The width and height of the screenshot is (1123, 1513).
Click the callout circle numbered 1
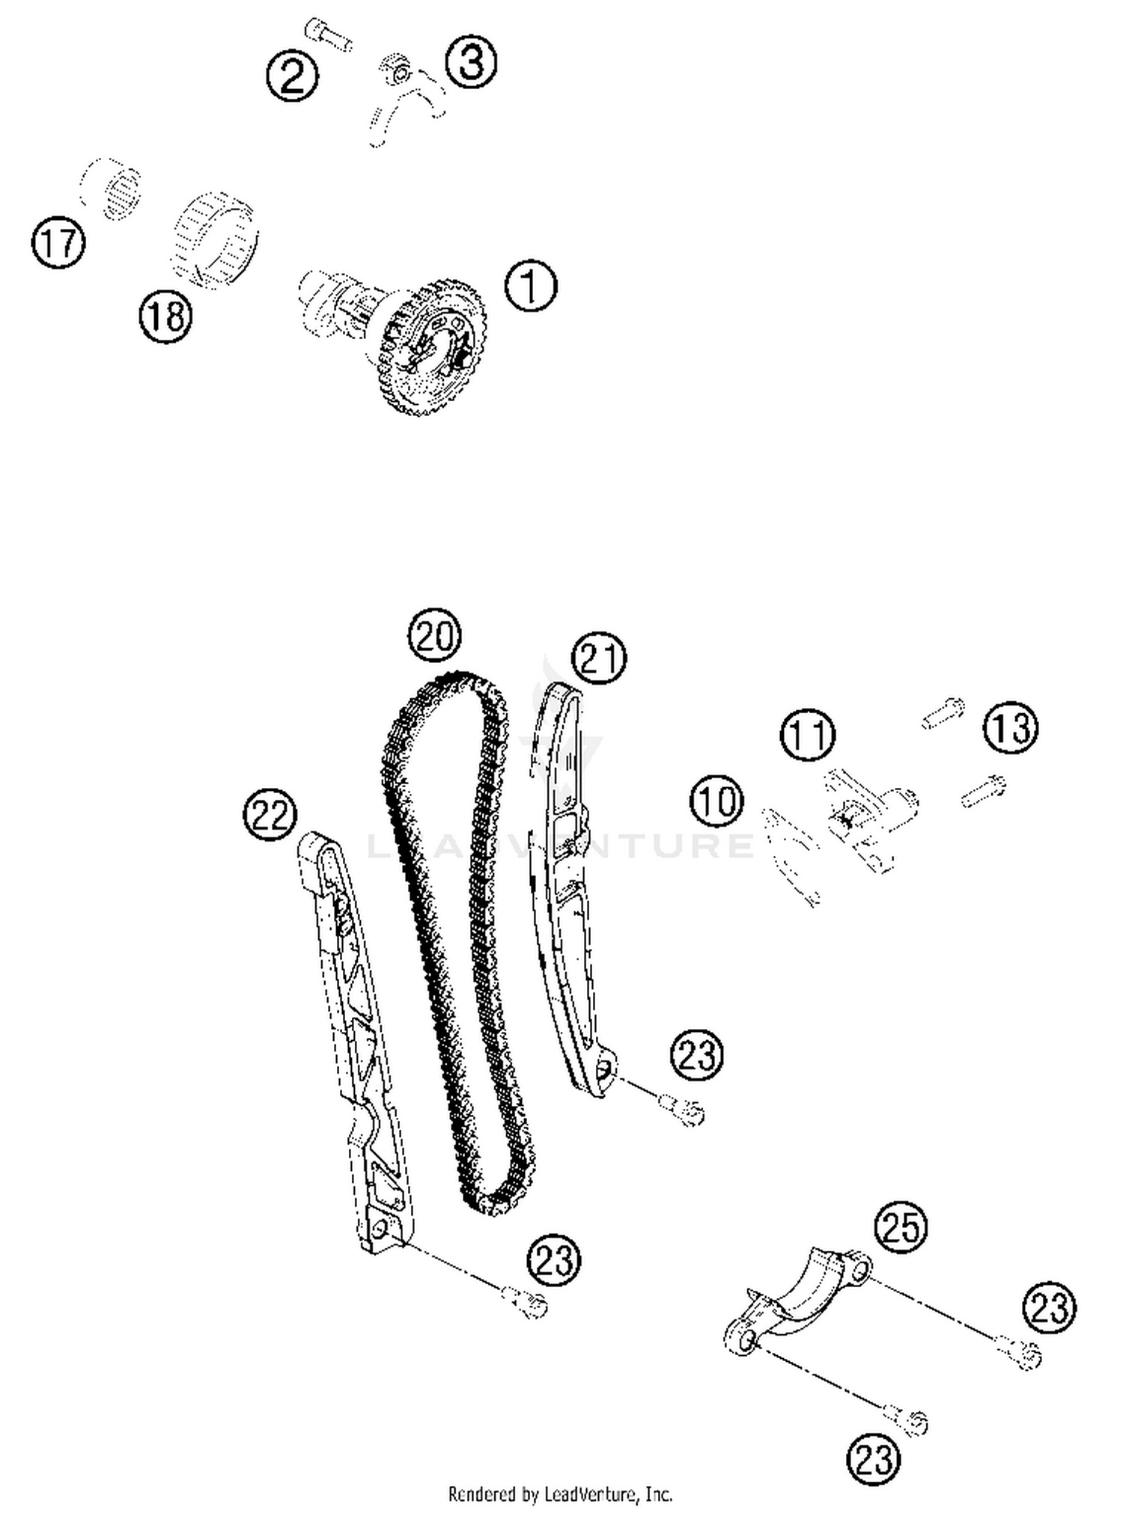click(531, 286)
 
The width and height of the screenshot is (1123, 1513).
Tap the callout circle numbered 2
click(292, 76)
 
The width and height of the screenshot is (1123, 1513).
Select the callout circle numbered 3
click(471, 62)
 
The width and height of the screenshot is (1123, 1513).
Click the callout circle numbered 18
click(165, 317)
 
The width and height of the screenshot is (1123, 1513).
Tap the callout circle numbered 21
click(598, 658)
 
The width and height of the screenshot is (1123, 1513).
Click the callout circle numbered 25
click(901, 1227)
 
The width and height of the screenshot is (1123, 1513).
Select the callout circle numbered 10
click(717, 801)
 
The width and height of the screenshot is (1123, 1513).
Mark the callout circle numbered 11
click(808, 736)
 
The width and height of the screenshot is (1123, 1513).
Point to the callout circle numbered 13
click(1011, 727)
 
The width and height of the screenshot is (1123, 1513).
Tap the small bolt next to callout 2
click(329, 36)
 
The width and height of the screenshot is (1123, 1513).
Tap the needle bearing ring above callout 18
click(215, 240)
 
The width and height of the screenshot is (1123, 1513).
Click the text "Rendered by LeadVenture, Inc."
click(560, 1494)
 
